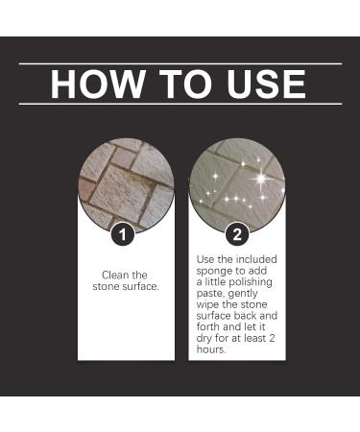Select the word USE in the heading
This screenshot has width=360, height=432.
[262, 84]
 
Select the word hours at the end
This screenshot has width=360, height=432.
[212, 349]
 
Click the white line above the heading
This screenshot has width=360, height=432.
[180, 63]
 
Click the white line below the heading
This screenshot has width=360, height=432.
[180, 104]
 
